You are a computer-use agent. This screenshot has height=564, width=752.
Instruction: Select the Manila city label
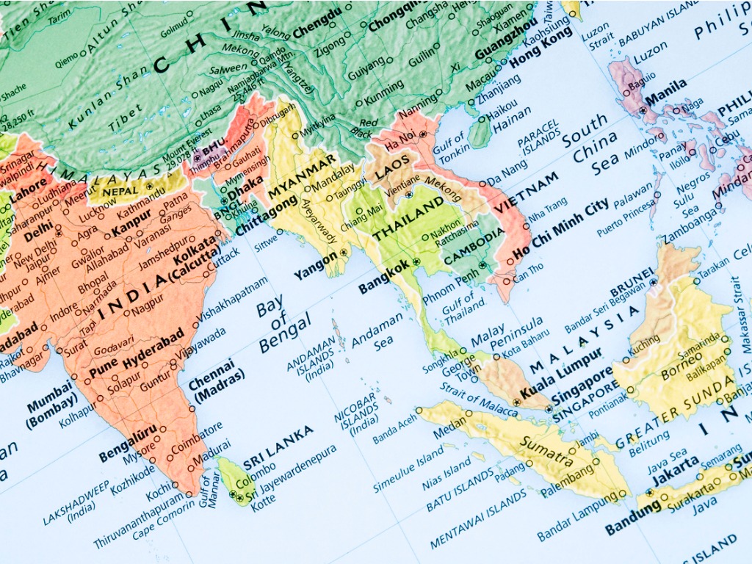click(x=666, y=95)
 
